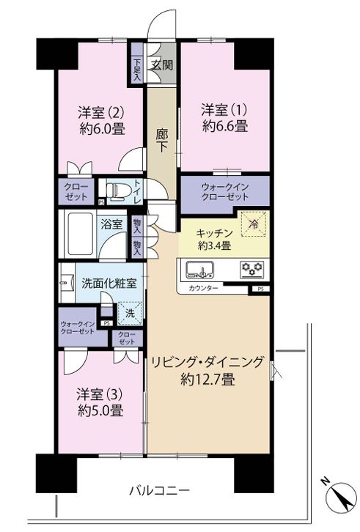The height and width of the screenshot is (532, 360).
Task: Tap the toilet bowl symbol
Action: pos(117,193)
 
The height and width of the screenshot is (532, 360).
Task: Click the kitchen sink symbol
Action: pos(199,269)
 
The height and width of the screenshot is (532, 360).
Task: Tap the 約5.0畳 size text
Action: pos(100,411)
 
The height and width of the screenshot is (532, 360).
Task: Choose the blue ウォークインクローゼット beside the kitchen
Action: pos(225,193)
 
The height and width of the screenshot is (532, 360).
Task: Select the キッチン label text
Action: pos(213,233)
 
